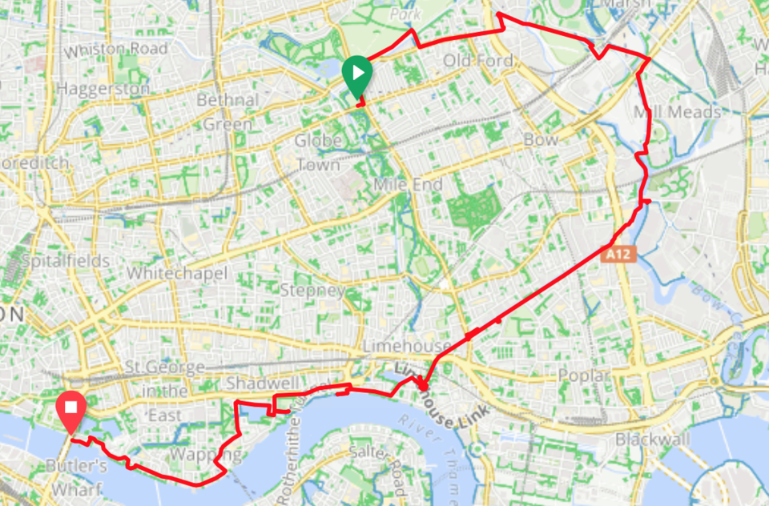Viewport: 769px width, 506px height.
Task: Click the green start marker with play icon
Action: pos(356,75)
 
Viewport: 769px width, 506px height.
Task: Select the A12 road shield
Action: pos(618,255)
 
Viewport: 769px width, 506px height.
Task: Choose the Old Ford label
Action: pos(479,61)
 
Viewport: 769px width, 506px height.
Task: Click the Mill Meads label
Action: pos(677,111)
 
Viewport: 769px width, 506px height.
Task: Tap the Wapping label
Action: pos(195,454)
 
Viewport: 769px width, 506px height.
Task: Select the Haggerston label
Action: pos(103,88)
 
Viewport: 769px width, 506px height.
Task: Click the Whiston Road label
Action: pos(117,50)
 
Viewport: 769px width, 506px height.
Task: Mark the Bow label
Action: pos(540,140)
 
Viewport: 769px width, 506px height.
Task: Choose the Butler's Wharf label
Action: pos(75,477)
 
